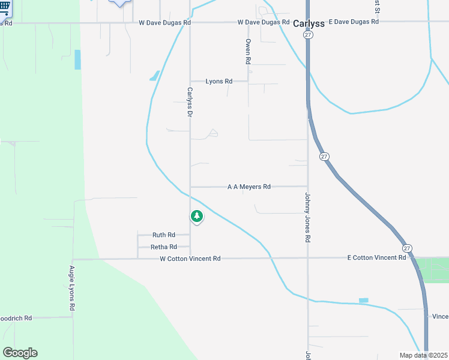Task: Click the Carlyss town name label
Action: (x=309, y=23)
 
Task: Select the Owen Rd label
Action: (x=247, y=52)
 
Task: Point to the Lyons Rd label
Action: (x=218, y=81)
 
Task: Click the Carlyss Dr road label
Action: (x=190, y=103)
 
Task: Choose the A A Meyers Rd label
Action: (x=249, y=187)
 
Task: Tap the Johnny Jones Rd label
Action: (x=307, y=217)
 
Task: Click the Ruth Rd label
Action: (x=163, y=235)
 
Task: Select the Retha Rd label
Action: (x=163, y=247)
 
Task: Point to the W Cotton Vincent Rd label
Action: (x=190, y=259)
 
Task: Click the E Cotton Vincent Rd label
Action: (x=376, y=257)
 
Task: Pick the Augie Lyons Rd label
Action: (x=72, y=288)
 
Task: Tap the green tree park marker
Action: (x=196, y=217)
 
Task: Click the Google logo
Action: (x=20, y=353)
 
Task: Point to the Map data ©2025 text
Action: (x=423, y=355)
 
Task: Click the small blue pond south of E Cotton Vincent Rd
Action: (x=363, y=300)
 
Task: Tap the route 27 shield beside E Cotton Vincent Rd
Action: (x=407, y=248)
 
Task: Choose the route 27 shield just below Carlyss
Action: (x=308, y=35)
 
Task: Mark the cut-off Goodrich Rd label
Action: (x=16, y=318)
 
